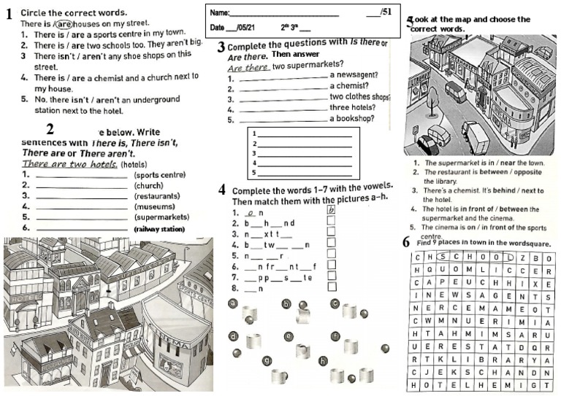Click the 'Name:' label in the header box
[219, 12]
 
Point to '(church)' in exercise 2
[148, 185]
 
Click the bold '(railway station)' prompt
[159, 228]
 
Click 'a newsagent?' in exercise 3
[354, 74]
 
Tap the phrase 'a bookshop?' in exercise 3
[352, 118]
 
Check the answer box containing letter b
[331, 211]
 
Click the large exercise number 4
[221, 190]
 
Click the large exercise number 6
[406, 242]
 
